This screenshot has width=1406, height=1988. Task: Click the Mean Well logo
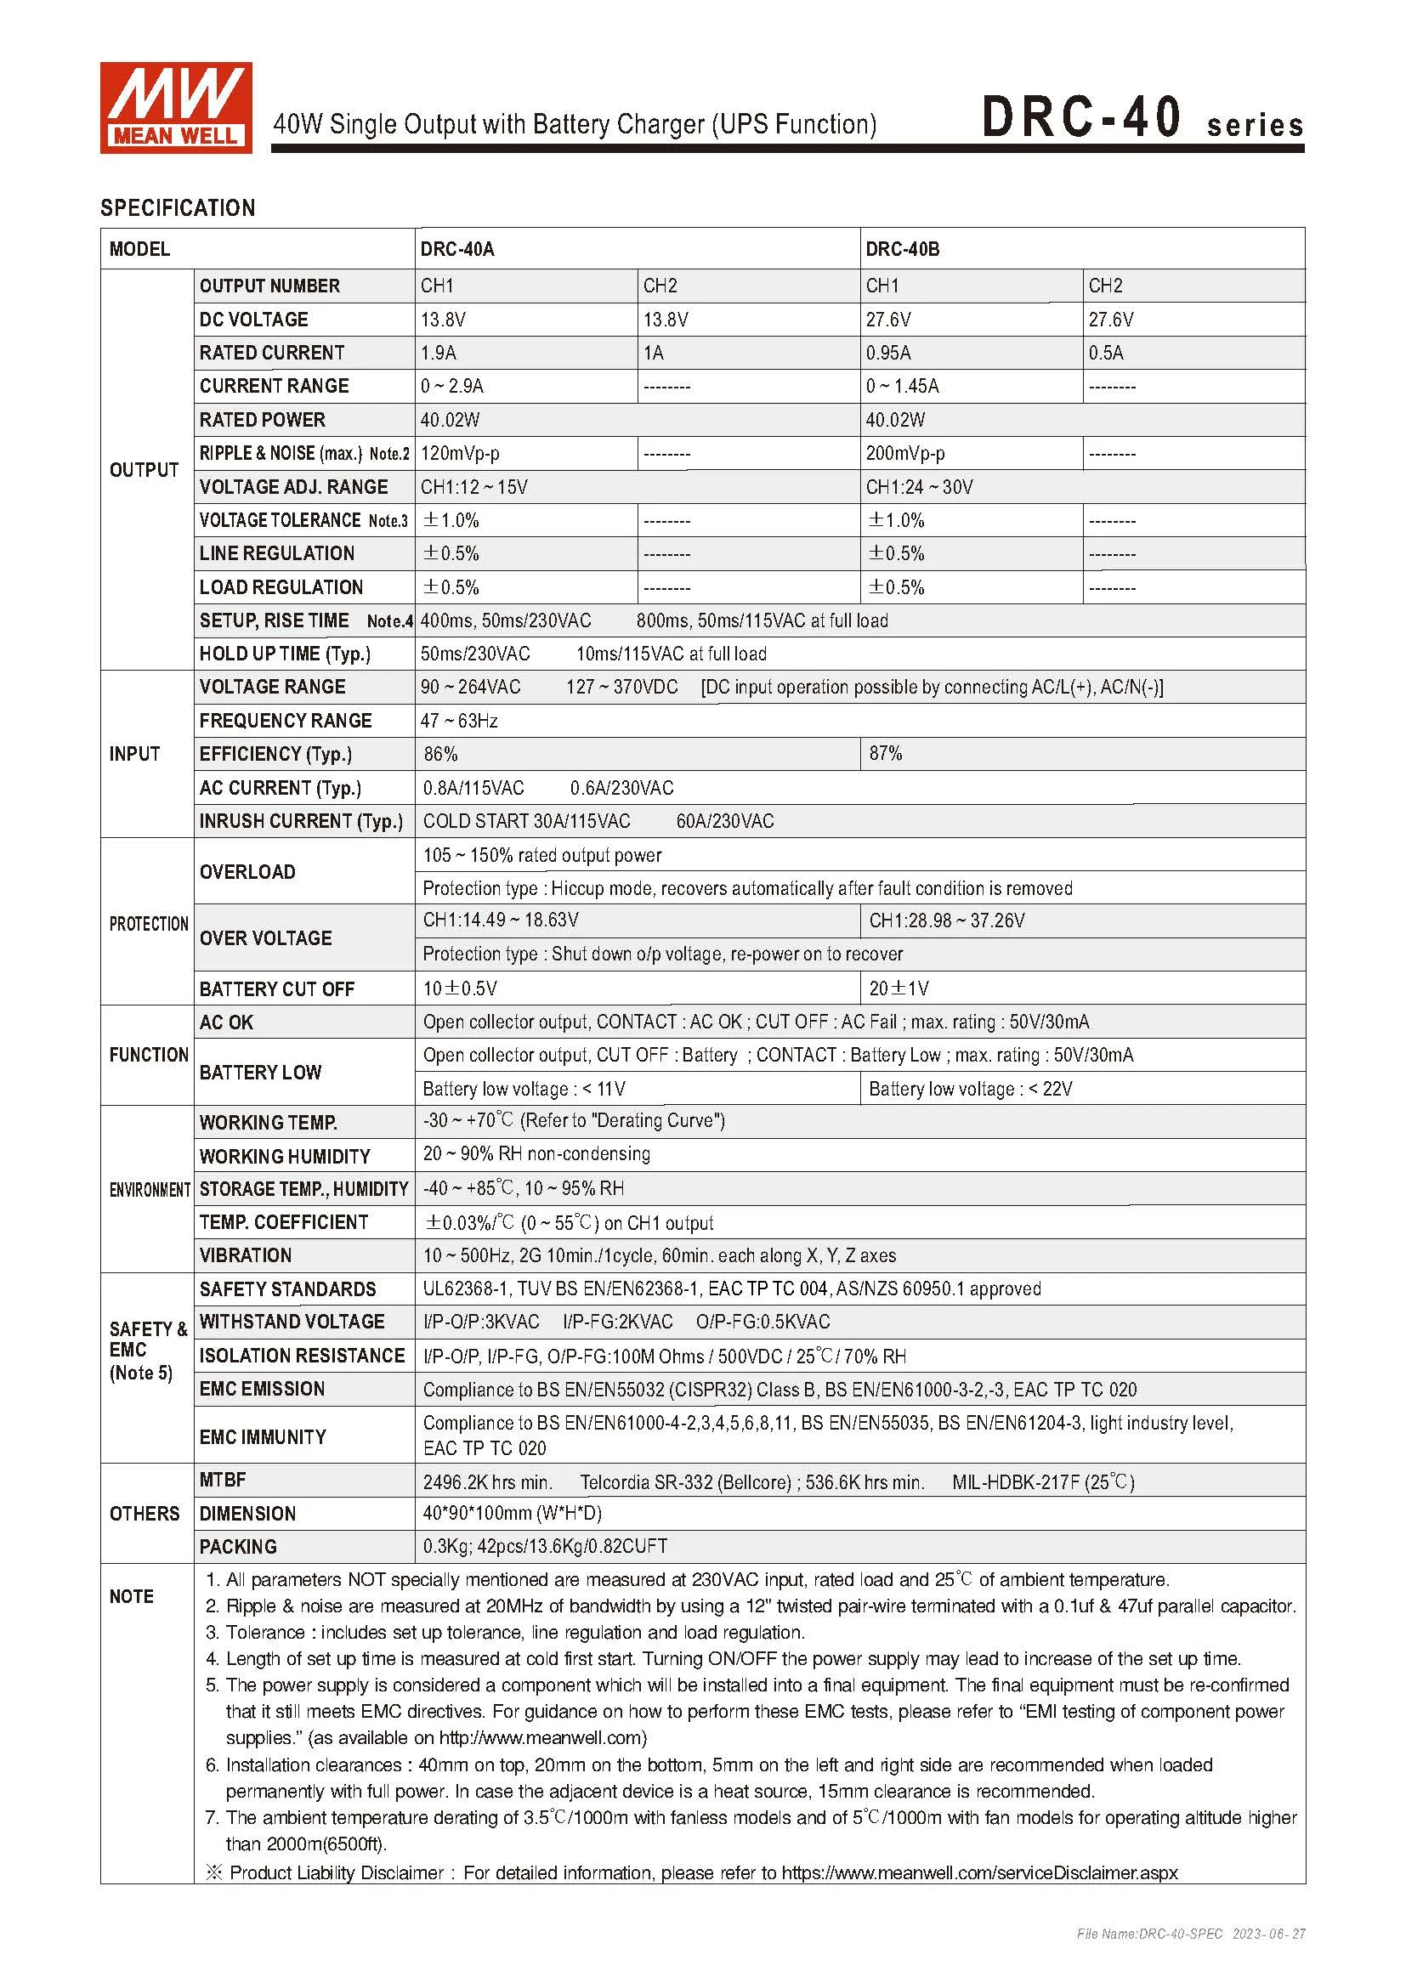tap(176, 107)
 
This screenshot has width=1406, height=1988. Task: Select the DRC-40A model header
tap(457, 249)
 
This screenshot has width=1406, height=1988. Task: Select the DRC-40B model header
tap(902, 249)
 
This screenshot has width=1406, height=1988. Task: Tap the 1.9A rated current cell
tap(438, 354)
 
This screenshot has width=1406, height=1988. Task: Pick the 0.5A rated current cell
tap(1106, 354)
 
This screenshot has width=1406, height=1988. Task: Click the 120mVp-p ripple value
tap(460, 454)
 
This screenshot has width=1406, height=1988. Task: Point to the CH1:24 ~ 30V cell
tap(919, 488)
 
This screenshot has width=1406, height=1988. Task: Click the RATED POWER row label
tap(263, 420)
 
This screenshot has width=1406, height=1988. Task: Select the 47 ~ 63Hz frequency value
tap(459, 722)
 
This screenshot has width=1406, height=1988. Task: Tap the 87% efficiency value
tap(886, 754)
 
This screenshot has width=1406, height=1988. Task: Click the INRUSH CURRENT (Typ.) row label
tap(300, 821)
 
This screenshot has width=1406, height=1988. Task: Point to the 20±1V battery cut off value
tap(899, 988)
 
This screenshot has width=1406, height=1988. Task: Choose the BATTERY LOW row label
tap(260, 1073)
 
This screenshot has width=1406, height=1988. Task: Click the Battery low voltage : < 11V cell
tap(524, 1090)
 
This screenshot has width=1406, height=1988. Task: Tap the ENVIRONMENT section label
tap(149, 1190)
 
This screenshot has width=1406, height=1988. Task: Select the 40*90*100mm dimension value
tap(512, 1514)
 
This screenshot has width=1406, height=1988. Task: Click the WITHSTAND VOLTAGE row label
tap(292, 1323)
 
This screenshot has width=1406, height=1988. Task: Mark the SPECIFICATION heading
tap(178, 207)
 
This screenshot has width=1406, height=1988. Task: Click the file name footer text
tap(1190, 1934)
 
